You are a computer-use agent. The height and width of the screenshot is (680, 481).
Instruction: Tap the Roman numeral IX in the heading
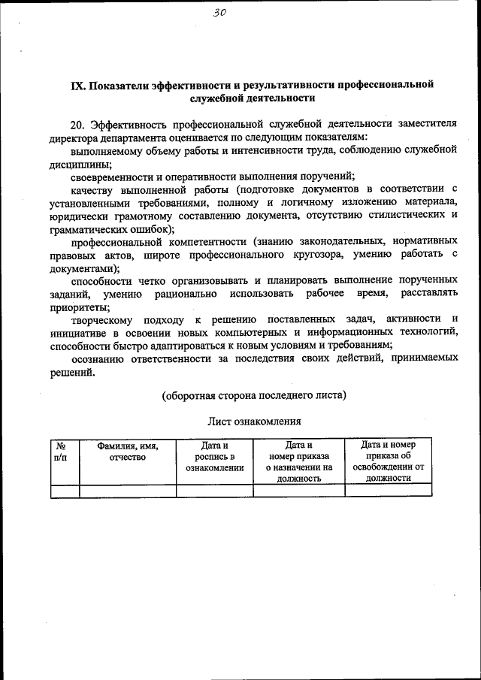pyautogui.click(x=77, y=85)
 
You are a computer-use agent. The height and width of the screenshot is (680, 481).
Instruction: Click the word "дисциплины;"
pyautogui.click(x=81, y=164)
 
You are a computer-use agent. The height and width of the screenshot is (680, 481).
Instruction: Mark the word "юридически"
pyautogui.click(x=77, y=217)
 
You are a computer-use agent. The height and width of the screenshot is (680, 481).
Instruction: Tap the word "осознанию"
pyautogui.click(x=98, y=359)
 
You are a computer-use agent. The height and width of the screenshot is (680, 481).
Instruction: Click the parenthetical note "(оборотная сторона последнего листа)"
pyautogui.click(x=254, y=394)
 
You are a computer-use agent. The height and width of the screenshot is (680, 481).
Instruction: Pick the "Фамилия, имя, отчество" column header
pyautogui.click(x=127, y=451)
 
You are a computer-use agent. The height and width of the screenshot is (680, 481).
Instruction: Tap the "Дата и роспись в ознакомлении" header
pyautogui.click(x=214, y=456)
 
